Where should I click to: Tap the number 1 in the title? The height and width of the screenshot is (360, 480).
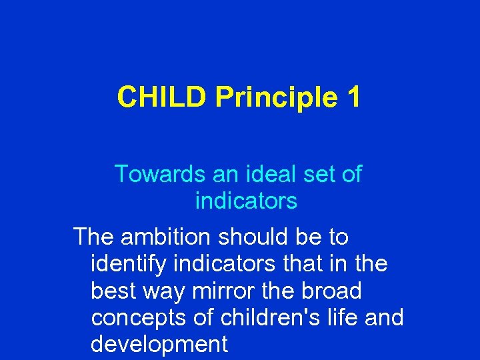click(354, 97)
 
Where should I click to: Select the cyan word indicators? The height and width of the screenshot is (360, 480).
click(246, 200)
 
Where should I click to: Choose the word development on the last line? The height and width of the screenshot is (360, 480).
click(159, 345)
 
